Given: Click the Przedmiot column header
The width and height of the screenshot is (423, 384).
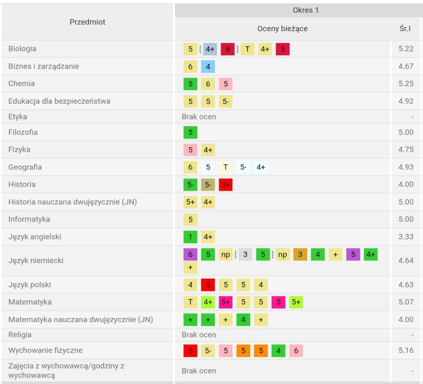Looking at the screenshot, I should (x=87, y=22).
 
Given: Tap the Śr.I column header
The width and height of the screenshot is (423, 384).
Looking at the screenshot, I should (x=405, y=29).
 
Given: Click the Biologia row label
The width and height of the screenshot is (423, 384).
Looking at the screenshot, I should (x=22, y=49).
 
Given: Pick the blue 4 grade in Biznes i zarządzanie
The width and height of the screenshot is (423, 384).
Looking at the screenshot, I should (x=208, y=67).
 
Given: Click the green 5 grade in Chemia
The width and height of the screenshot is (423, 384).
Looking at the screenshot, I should (x=190, y=84).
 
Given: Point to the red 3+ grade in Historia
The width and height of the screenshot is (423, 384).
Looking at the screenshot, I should (x=225, y=185).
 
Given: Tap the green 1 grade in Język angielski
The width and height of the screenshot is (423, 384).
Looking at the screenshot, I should (x=190, y=237).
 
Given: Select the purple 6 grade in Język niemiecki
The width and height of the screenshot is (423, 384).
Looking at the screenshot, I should (x=190, y=254).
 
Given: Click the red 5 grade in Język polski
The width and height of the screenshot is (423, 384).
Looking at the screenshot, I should (x=208, y=285).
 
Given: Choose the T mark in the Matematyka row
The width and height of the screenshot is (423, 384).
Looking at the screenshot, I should (x=190, y=302).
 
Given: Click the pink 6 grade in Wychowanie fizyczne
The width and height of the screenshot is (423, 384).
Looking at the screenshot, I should (x=296, y=351).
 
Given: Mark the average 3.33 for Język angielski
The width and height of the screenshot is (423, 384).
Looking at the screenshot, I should (x=406, y=237).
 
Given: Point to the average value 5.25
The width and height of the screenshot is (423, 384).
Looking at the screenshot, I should (x=406, y=84).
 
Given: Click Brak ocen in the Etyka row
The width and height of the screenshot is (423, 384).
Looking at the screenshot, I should (x=199, y=117).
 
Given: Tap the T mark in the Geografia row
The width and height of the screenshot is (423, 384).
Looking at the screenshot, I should (x=225, y=167).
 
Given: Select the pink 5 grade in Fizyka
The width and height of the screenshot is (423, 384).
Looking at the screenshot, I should (x=190, y=150).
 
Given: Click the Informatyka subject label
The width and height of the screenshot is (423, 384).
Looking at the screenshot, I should (x=29, y=219).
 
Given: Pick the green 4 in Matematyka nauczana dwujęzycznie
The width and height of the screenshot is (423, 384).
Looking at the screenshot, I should (x=243, y=319).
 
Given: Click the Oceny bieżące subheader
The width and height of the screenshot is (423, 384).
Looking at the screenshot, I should (x=283, y=29).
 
